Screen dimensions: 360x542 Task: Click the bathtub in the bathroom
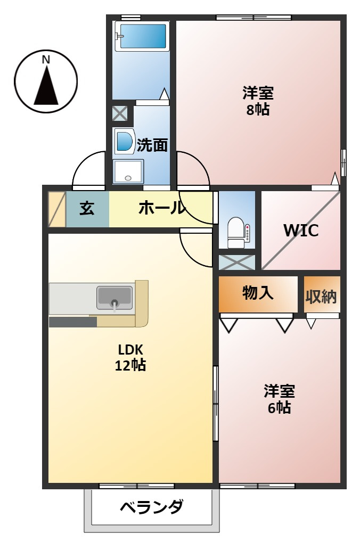[142, 36]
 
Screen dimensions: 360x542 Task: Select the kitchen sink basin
[114, 297]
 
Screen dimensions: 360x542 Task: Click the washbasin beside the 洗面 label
[124, 142]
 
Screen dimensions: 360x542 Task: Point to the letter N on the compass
[46, 60]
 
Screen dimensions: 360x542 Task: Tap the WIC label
[301, 231]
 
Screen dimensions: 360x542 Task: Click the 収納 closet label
[321, 296]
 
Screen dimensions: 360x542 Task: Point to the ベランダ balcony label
[151, 507]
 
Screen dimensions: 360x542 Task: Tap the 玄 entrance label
[87, 208]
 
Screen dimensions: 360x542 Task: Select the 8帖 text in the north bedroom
[258, 110]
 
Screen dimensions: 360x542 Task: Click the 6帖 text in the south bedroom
[280, 408]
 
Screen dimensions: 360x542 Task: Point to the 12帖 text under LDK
[130, 365]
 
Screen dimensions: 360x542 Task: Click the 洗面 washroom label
[152, 145]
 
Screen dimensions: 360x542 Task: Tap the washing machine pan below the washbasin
[128, 171]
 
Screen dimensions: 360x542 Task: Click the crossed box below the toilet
[237, 262]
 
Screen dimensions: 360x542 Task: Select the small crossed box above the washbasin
[120, 113]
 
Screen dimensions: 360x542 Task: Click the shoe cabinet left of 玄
[56, 209]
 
